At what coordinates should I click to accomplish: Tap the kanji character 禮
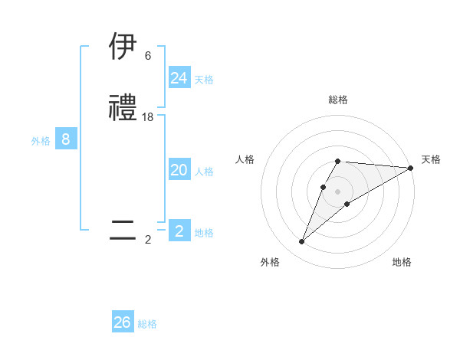(123, 109)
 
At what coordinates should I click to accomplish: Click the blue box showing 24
(179, 77)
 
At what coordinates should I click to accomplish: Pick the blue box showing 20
(179, 171)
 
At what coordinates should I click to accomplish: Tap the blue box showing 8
(66, 139)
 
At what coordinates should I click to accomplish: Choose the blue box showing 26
(123, 322)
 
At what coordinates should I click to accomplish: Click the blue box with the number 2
(179, 231)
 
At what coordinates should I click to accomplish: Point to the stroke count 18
(148, 117)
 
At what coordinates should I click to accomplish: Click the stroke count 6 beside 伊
(148, 56)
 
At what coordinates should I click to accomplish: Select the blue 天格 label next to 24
(204, 79)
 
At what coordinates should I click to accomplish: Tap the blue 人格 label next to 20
(204, 172)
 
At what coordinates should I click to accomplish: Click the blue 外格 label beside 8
(40, 141)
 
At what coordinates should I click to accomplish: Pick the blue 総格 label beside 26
(147, 324)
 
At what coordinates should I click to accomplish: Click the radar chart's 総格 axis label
(338, 100)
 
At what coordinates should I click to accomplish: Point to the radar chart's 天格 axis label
(431, 159)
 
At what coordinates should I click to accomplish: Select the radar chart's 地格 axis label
(402, 262)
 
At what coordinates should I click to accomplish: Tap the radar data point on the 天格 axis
(411, 168)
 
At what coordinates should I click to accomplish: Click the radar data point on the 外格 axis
(301, 242)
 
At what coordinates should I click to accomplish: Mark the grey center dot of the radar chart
(338, 191)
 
